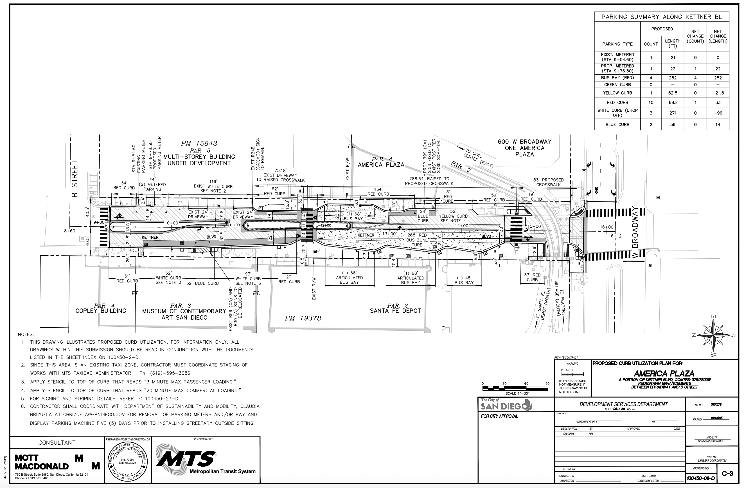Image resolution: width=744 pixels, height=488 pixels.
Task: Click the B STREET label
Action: [x=75, y=179]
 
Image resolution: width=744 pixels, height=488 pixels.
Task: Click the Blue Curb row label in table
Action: [x=617, y=124]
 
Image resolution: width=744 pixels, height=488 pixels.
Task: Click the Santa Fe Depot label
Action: [x=395, y=311]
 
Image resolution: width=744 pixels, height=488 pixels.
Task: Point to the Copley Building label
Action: [x=101, y=311]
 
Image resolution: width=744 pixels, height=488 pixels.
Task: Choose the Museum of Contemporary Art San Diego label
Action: [x=184, y=314]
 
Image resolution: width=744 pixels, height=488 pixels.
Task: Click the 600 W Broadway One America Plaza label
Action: [x=525, y=148]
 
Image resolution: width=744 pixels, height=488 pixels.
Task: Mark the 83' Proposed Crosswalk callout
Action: [x=548, y=182]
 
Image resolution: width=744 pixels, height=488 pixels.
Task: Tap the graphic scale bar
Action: [x=515, y=388]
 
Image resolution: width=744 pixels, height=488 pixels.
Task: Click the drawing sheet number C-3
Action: [x=727, y=474]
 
